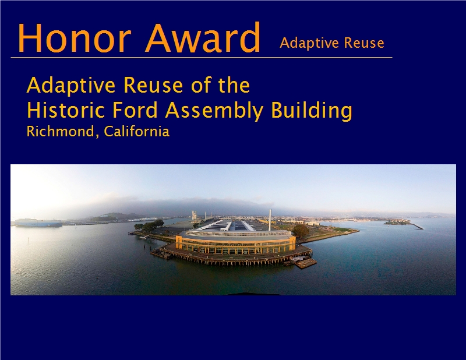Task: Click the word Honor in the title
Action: point(75,37)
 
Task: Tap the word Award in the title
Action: point(203,37)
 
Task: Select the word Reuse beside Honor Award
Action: point(364,43)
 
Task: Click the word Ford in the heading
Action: point(135,110)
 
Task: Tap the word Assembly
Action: point(214,111)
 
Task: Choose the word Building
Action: point(312,111)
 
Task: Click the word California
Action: point(137,132)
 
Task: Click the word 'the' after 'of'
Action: point(234,85)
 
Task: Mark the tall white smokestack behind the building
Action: point(270,220)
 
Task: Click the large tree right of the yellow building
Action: point(301,231)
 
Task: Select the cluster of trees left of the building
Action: point(149,225)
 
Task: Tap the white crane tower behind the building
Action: point(194,215)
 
